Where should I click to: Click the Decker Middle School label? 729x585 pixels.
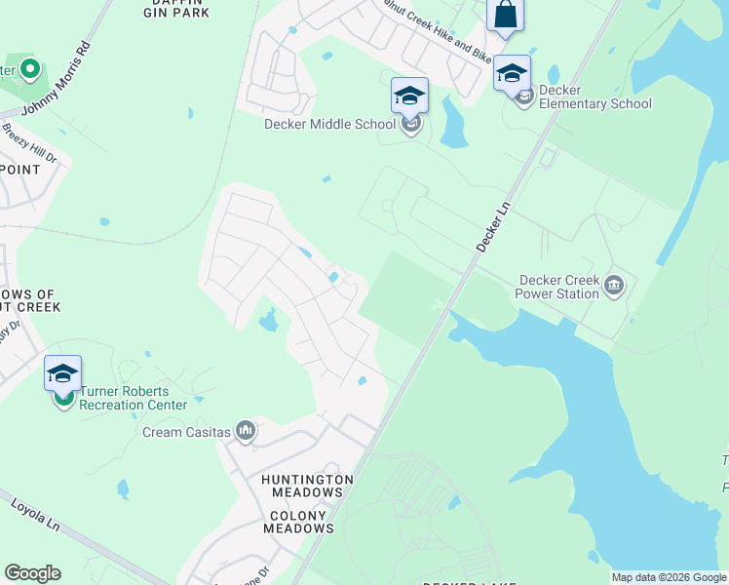coord(329,124)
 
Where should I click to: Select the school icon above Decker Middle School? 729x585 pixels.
coord(409,96)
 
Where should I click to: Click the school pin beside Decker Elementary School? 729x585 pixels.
coord(512,73)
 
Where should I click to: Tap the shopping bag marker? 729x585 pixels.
coord(505,16)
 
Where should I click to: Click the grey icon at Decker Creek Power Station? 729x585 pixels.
coord(614,285)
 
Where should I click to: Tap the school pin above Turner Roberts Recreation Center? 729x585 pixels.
coord(62,374)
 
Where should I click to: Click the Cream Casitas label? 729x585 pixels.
coord(186,432)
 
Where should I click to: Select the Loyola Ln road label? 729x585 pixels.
coord(35,515)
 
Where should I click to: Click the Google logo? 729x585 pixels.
coord(32,573)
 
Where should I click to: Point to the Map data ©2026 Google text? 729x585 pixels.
coord(668,577)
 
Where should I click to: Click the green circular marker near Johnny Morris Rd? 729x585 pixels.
coord(29,69)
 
